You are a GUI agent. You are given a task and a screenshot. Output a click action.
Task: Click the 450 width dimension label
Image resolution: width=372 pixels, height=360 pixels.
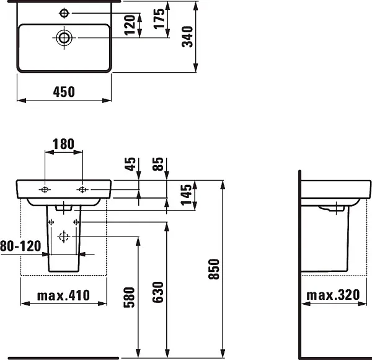(x=64, y=92)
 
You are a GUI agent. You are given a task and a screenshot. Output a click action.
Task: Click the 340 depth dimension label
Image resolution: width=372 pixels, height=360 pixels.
(x=187, y=37)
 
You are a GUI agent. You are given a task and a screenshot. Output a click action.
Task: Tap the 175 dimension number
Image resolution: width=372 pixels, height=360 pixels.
(x=159, y=19)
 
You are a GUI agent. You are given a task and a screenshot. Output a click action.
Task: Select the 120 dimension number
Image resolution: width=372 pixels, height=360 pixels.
(x=130, y=25)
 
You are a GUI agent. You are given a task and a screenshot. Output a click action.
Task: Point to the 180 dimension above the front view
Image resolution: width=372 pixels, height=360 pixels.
(x=63, y=144)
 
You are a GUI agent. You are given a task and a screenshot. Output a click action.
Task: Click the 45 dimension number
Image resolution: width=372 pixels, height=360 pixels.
(x=130, y=164)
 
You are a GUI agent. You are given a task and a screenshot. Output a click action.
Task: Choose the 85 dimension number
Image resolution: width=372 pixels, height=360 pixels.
(x=158, y=164)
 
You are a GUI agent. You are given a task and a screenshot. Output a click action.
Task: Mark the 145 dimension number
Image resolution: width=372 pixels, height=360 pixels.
(x=186, y=195)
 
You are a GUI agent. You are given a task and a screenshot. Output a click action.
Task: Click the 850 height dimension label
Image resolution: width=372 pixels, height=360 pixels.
(x=214, y=269)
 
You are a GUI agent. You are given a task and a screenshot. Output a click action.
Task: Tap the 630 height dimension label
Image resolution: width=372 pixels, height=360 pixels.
(x=158, y=292)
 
